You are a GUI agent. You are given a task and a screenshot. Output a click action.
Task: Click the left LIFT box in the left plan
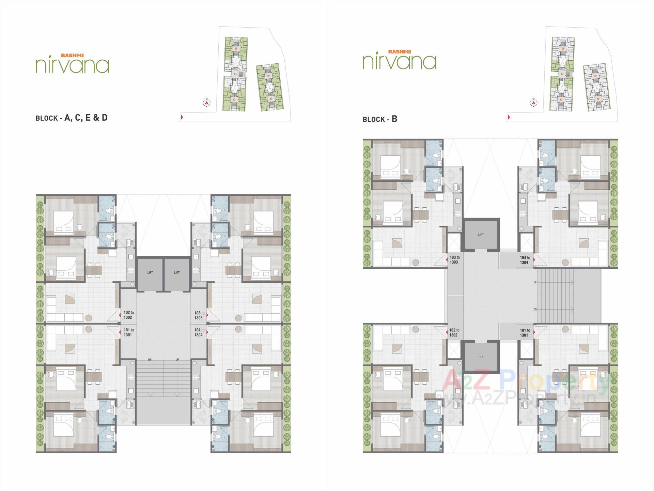[x=150, y=273]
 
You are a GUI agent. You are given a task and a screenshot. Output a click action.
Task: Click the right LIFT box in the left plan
[x=177, y=273]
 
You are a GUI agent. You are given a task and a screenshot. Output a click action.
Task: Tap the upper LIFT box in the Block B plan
[x=481, y=235]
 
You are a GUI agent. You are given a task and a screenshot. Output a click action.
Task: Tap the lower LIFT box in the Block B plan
[x=481, y=357]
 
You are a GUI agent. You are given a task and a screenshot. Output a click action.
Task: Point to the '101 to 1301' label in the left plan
[x=128, y=332]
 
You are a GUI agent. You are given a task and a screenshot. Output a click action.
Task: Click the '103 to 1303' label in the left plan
[x=199, y=315]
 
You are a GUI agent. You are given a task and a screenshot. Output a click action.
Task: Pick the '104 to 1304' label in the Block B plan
[x=525, y=260]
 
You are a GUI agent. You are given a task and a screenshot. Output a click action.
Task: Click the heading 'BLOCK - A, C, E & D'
[x=72, y=118]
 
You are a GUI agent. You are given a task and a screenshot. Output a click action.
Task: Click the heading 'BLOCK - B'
[x=380, y=119]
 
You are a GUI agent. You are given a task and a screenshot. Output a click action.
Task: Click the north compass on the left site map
[x=206, y=102]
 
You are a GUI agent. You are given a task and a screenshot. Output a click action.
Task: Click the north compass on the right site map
[x=534, y=102]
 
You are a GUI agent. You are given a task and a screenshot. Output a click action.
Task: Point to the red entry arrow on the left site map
[x=182, y=118]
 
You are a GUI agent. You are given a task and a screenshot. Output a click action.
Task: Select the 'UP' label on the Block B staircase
[x=535, y=283]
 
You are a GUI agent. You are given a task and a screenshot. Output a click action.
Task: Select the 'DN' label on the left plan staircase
[x=150, y=360]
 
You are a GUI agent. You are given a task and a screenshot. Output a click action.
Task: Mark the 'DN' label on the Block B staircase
[x=535, y=310]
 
